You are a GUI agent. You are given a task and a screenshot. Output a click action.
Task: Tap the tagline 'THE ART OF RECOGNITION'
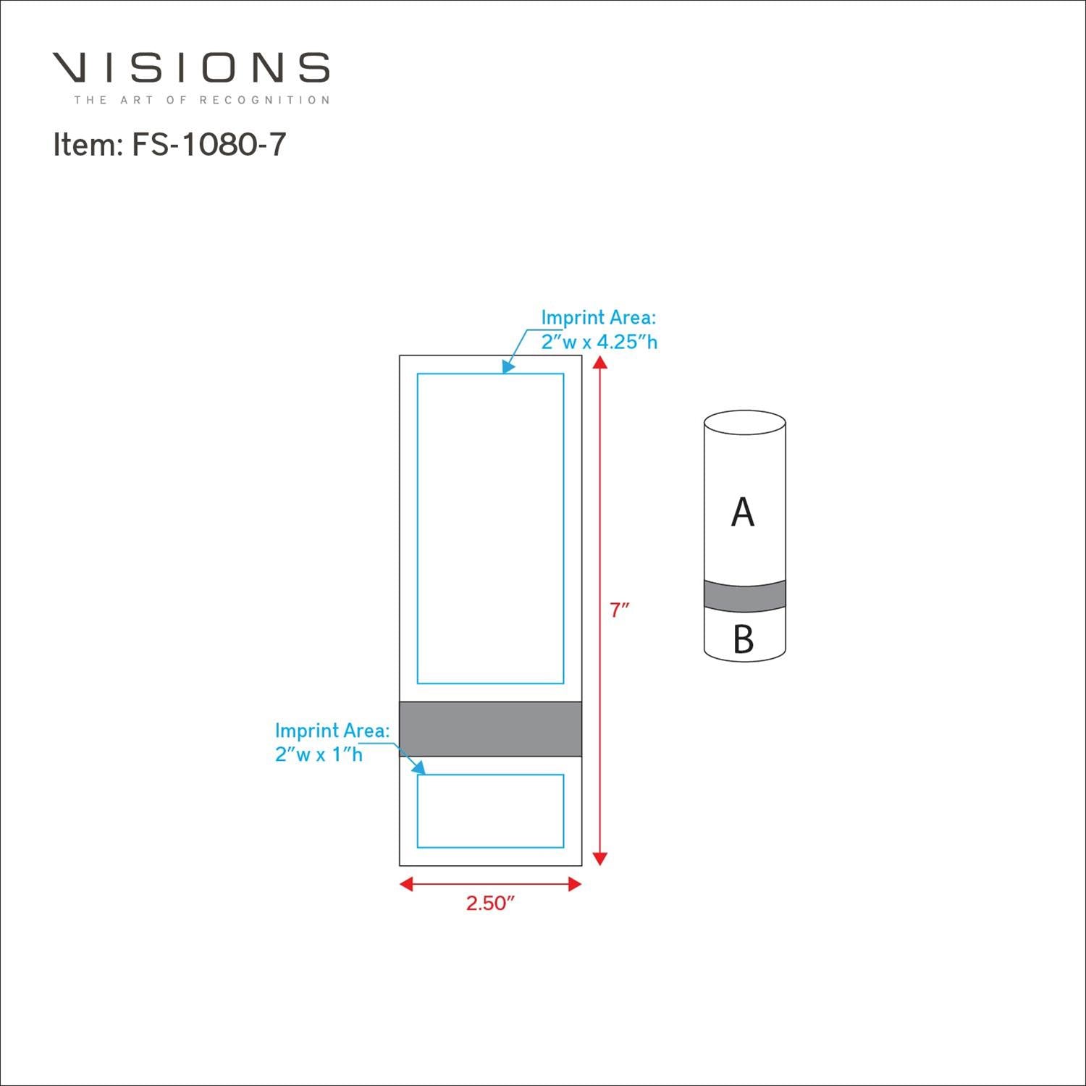tap(201, 100)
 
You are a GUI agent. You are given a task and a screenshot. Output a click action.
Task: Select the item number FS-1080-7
tap(209, 145)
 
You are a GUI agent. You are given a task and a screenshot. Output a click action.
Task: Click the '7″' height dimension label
tap(619, 610)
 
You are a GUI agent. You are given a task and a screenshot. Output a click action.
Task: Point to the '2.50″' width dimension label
tap(489, 903)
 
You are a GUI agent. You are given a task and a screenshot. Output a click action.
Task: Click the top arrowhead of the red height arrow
tap(599, 362)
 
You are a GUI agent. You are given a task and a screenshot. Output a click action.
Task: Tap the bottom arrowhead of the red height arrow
tap(599, 859)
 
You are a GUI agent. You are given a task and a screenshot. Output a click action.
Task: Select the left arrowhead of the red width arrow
tap(406, 884)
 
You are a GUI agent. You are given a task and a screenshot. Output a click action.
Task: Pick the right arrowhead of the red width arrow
tap(575, 884)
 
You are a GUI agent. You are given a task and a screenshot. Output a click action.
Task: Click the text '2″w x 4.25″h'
tap(599, 342)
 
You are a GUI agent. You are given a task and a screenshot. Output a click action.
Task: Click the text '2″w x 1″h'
tap(319, 754)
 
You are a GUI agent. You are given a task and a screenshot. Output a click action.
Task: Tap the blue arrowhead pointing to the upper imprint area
tap(508, 367)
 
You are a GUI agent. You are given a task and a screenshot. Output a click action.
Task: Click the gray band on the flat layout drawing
tap(491, 729)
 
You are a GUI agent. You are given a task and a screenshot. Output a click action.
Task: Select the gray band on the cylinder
tap(745, 596)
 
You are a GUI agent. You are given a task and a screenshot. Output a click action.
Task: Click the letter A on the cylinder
tap(743, 513)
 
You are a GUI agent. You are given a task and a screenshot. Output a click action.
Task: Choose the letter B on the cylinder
tap(744, 639)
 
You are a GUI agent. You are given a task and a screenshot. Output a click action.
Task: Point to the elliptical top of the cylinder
tap(745, 422)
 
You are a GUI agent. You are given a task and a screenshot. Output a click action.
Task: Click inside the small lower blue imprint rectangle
tap(491, 811)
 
